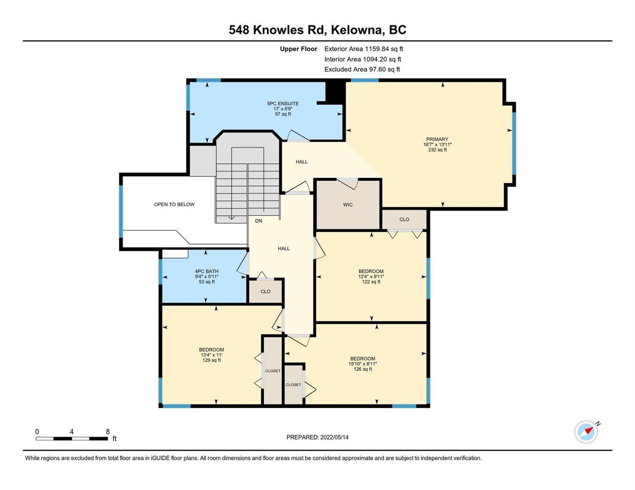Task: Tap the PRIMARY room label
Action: click(437, 139)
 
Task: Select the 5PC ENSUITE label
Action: click(283, 103)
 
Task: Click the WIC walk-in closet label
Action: click(348, 205)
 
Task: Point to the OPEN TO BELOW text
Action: click(174, 204)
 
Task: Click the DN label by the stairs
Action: click(258, 221)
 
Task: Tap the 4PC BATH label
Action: click(206, 271)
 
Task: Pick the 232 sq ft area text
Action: click(437, 150)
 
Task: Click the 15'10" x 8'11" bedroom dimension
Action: click(363, 364)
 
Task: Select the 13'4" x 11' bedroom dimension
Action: click(211, 355)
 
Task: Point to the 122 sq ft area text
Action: click(371, 282)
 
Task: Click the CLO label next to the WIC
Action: click(404, 219)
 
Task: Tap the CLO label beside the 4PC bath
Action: click(265, 292)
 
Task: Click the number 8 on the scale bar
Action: click(108, 431)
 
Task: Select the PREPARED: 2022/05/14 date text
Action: click(317, 437)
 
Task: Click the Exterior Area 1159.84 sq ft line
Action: click(363, 49)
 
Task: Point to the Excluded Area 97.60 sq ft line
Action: click(362, 69)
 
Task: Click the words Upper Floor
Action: click(298, 49)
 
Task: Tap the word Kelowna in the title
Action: click(358, 30)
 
